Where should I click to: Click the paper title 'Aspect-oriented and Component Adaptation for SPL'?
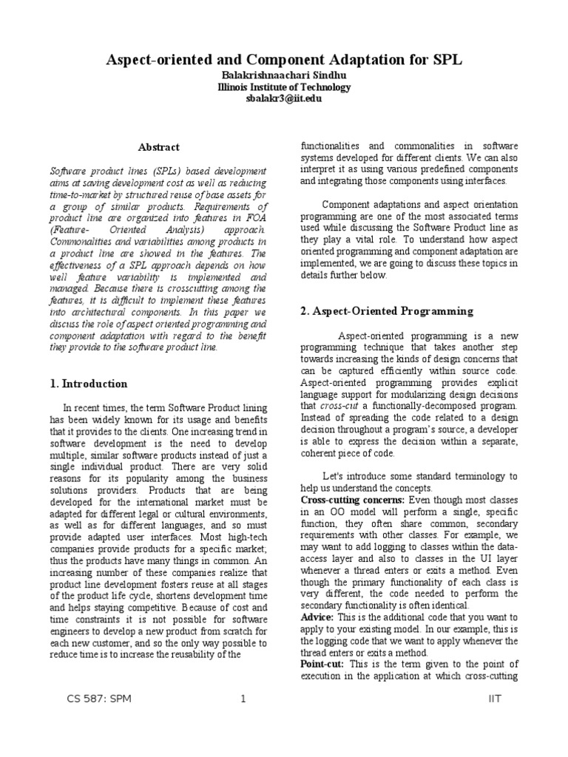284,58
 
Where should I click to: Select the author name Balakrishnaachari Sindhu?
284,75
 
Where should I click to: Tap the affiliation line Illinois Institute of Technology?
284,86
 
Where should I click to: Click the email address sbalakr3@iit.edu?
284,98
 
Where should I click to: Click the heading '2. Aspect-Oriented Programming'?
386,311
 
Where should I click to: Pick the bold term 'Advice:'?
317,617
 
